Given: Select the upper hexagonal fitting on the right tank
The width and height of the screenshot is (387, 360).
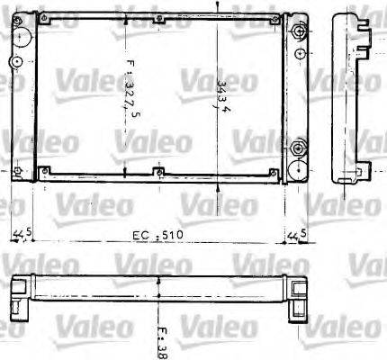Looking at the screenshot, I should coord(298,33).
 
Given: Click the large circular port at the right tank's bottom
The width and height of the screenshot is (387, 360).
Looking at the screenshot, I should coord(297,166).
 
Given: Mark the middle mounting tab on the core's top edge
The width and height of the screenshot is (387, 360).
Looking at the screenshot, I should coord(157,19).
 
